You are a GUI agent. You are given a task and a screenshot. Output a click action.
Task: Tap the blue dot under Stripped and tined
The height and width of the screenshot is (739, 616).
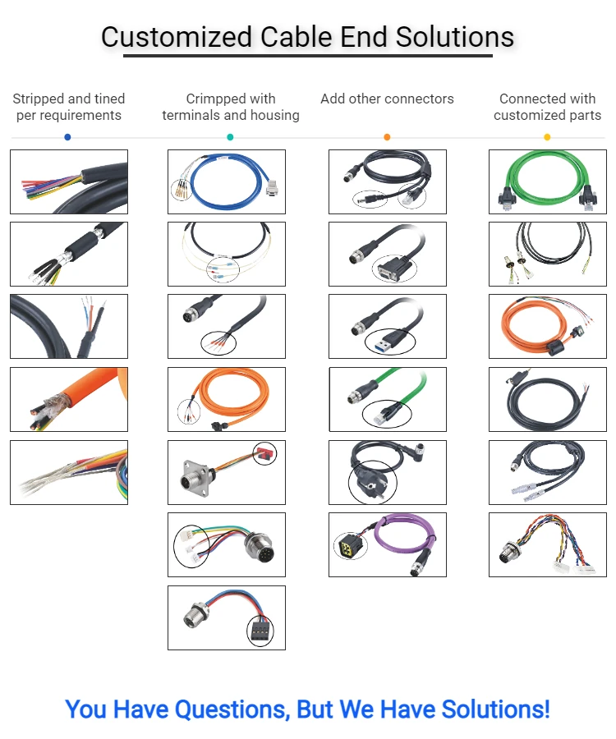(67, 137)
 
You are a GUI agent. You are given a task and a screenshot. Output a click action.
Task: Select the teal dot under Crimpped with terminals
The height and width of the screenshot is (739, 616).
(230, 137)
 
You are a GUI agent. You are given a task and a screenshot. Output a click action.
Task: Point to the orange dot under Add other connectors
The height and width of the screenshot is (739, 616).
(387, 137)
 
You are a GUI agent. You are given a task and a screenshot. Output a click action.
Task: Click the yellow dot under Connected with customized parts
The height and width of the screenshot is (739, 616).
(547, 137)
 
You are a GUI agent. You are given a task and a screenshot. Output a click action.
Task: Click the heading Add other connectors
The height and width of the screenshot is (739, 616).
(387, 99)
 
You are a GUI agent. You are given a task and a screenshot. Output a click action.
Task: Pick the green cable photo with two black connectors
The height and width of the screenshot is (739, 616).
(547, 181)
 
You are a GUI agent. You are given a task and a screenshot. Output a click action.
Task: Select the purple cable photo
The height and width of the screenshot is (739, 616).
(387, 544)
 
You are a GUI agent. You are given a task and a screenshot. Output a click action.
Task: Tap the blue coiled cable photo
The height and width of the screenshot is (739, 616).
(226, 181)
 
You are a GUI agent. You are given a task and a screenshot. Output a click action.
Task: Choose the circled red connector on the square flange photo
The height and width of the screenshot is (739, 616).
(264, 453)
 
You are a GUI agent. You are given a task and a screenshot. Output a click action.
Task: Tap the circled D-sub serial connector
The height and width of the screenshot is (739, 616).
(394, 266)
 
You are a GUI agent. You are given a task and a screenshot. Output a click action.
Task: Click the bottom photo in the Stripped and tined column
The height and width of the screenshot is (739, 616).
(69, 472)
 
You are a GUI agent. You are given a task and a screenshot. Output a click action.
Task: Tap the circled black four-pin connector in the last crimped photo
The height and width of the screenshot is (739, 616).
(260, 630)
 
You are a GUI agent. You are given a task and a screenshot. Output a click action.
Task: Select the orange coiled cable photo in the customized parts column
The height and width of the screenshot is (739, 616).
(547, 326)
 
